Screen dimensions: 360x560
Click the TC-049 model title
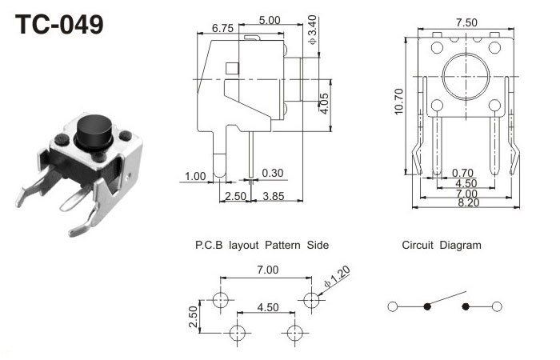(61, 24)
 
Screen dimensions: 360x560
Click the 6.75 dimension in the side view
(222, 28)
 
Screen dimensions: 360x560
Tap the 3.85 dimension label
(274, 197)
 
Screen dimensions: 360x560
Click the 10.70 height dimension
(399, 102)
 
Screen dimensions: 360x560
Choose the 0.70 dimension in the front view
(461, 172)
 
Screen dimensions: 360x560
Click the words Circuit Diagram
(442, 246)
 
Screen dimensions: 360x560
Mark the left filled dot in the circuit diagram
(426, 306)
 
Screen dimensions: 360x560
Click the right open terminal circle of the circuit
(497, 306)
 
